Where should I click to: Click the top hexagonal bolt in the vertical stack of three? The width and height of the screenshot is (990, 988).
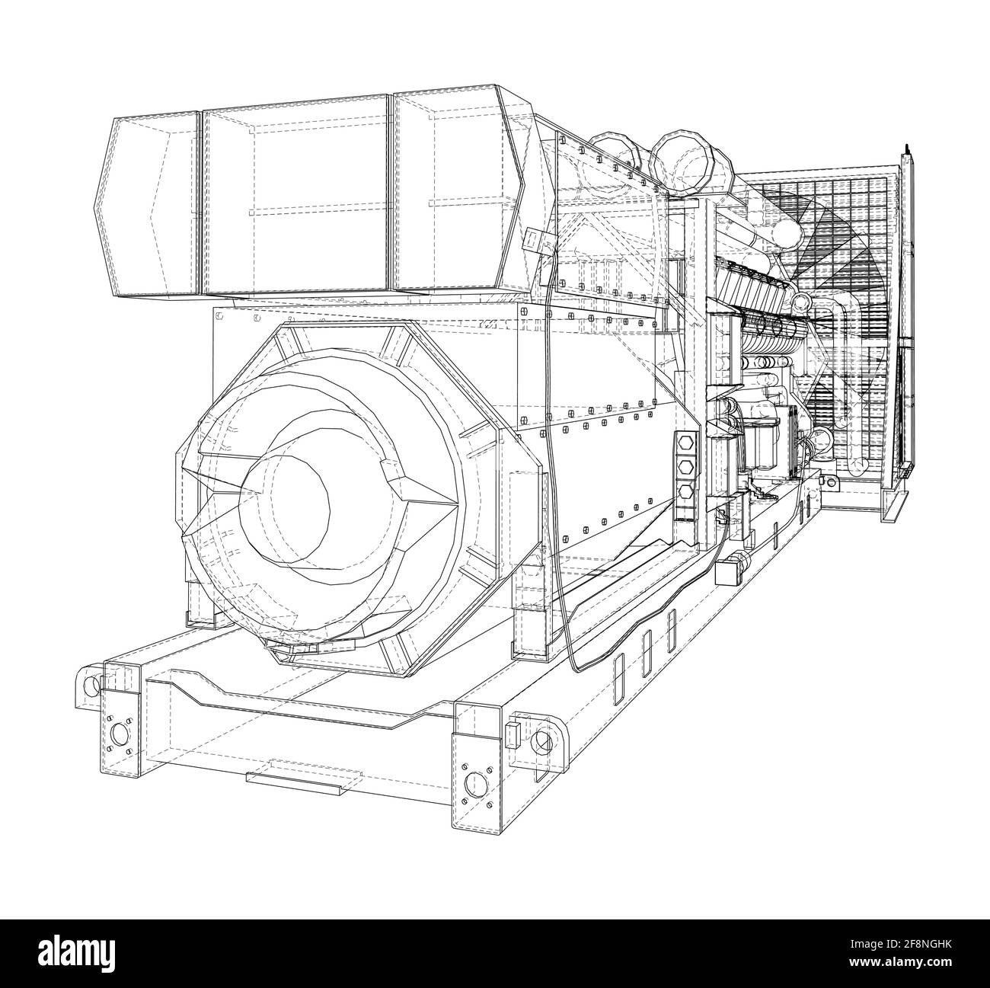pyautogui.click(x=685, y=443)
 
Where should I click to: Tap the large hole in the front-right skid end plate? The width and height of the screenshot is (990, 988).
pyautogui.click(x=476, y=784)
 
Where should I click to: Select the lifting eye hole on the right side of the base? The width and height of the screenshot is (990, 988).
pyautogui.click(x=543, y=740)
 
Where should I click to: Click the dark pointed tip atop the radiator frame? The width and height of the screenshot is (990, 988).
pyautogui.click(x=907, y=145)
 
